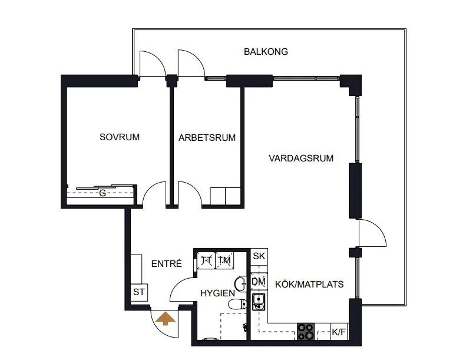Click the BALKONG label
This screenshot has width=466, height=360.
point(266,52)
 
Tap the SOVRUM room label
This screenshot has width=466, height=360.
point(120,137)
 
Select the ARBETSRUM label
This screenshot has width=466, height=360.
point(207,138)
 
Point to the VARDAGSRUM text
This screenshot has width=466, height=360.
point(301,158)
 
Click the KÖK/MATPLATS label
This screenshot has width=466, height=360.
point(309,285)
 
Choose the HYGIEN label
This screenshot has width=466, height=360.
point(217,293)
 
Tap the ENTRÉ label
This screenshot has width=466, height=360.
point(166,264)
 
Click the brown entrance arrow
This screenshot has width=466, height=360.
point(166,318)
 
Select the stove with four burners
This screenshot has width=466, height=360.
point(306,332)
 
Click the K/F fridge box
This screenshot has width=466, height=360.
point(339,332)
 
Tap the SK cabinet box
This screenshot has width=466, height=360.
point(259,256)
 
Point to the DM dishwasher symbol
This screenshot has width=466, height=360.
point(259,282)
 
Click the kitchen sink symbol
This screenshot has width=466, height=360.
point(259,302)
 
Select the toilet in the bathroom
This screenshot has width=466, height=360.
point(237,304)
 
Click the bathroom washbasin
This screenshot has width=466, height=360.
point(240,283)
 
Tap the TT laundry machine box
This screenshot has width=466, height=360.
point(206,260)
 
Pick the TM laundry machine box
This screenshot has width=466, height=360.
point(224,260)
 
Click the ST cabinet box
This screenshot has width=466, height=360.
point(139,292)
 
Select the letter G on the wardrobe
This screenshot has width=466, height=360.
point(103,193)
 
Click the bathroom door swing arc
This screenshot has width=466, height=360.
point(177,284)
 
